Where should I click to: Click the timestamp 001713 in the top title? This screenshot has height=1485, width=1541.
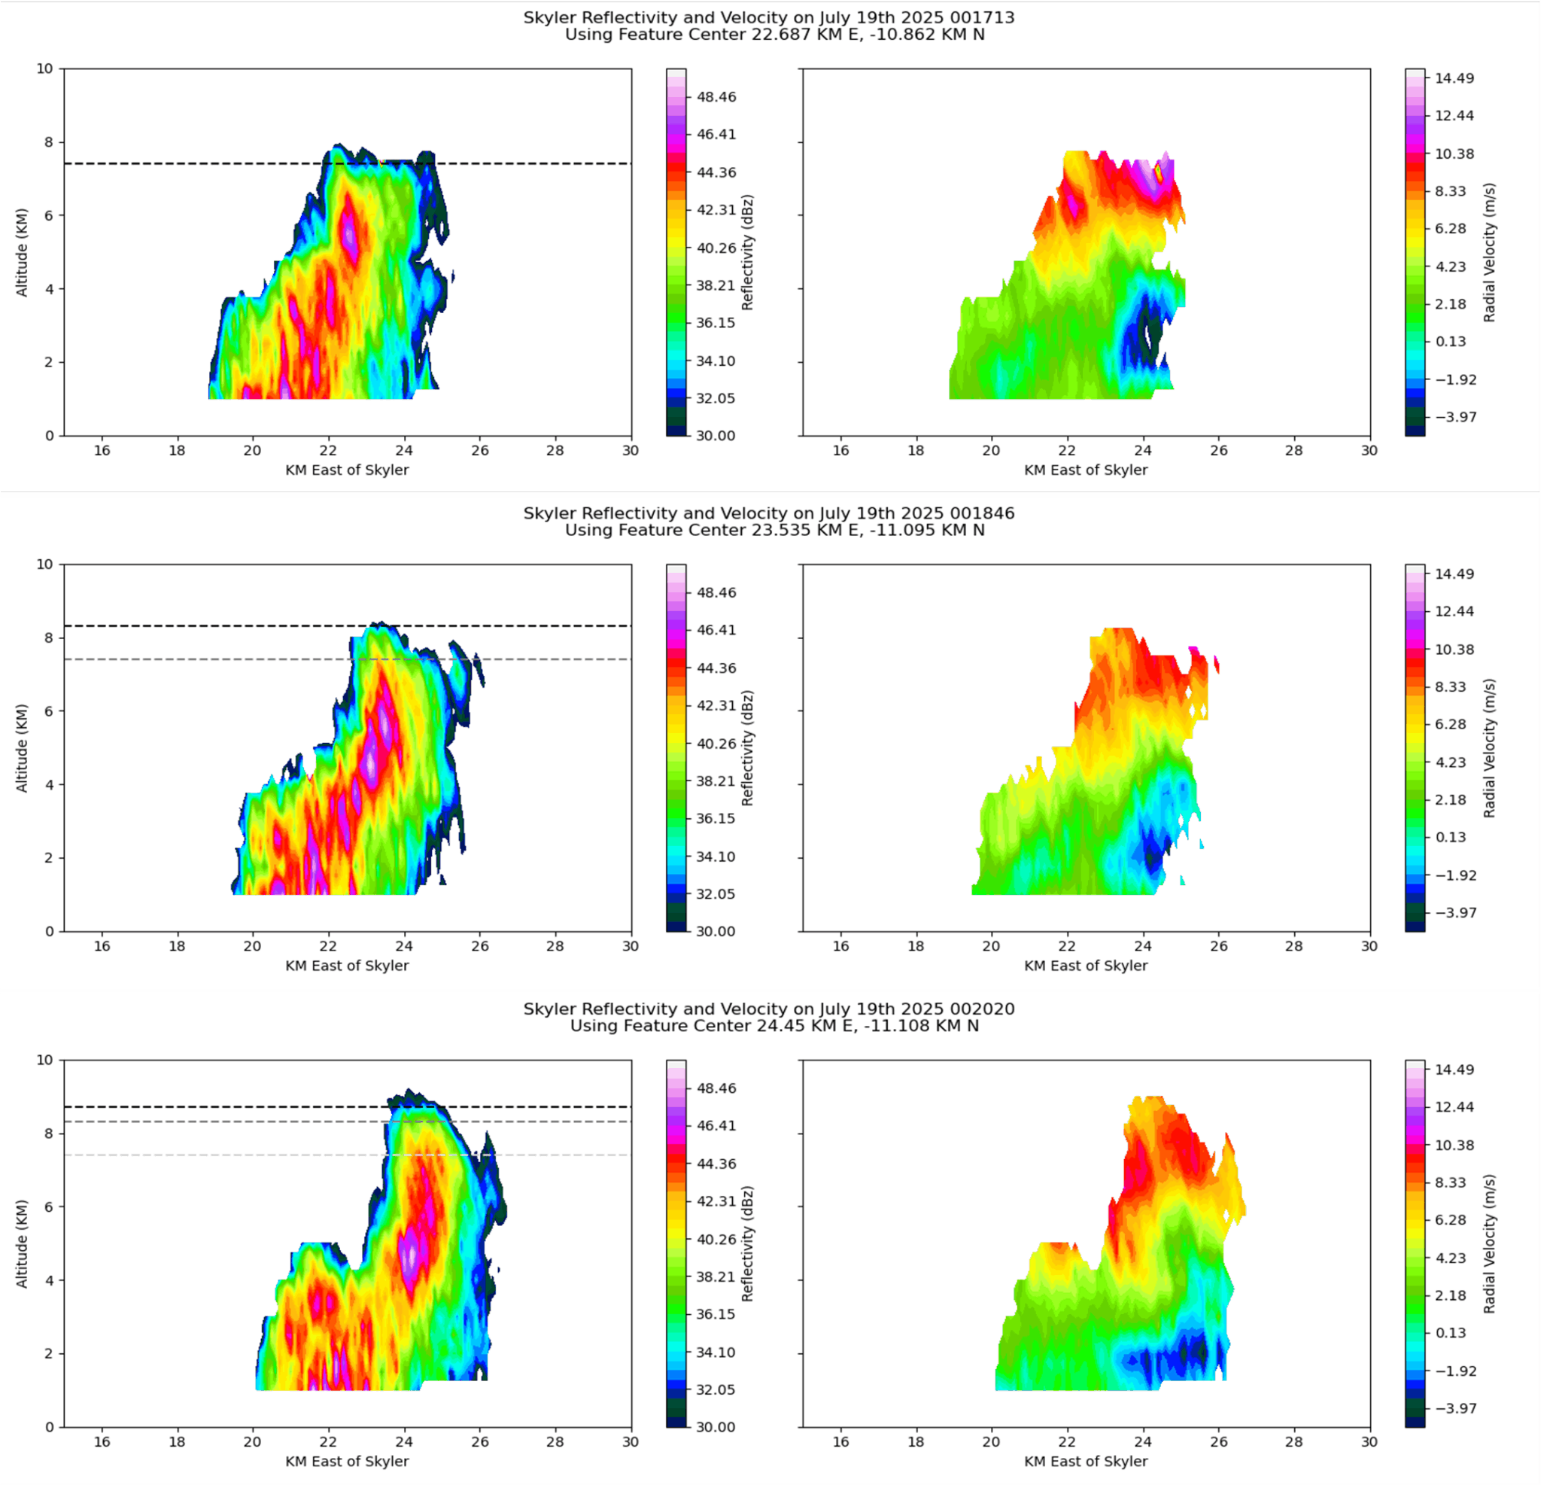coord(982,17)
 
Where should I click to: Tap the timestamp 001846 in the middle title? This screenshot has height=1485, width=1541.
coord(982,513)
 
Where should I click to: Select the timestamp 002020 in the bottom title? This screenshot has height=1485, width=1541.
coord(982,1009)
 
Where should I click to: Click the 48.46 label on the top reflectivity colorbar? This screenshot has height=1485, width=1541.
coord(716,97)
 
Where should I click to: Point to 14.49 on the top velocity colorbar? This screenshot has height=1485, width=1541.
coord(1454,78)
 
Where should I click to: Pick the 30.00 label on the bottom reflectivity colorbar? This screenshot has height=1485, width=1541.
coord(716,1427)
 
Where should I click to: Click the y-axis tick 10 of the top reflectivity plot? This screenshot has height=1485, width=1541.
coord(45,68)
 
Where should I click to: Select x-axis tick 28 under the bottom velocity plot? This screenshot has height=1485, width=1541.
coord(1294,1442)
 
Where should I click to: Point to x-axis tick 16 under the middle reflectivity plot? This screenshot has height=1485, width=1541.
coord(102,946)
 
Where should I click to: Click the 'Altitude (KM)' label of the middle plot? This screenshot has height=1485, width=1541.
coord(22,747)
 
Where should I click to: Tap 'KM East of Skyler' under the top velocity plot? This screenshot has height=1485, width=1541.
coord(1086,470)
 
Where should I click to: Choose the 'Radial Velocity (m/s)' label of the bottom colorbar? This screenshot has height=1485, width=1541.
coord(1489,1243)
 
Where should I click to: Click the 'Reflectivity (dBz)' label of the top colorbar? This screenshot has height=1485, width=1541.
coord(748,252)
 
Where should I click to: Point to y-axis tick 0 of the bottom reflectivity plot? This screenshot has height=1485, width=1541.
coord(50,1427)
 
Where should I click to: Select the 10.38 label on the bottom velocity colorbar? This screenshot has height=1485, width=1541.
coord(1454,1146)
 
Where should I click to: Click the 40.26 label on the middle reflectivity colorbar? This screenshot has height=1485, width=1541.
coord(716,744)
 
